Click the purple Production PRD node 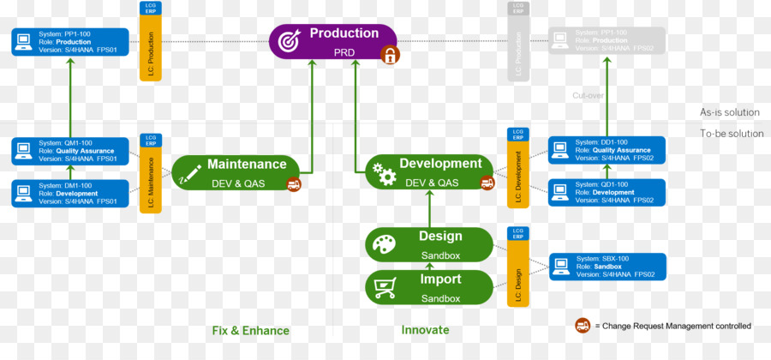click(x=333, y=41)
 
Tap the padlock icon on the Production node click(x=390, y=56)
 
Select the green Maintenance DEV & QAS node click(x=236, y=171)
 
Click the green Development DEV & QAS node click(x=429, y=171)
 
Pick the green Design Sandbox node click(x=429, y=244)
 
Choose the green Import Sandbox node click(x=429, y=287)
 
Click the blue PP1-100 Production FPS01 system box click(x=70, y=42)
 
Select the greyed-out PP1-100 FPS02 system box click(x=607, y=41)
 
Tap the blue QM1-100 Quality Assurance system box click(x=70, y=151)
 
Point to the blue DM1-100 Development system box click(x=70, y=193)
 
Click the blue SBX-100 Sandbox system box click(x=607, y=266)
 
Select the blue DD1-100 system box click(x=607, y=151)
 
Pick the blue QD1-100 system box click(x=607, y=193)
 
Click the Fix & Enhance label click(x=251, y=331)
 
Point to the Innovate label click(x=425, y=330)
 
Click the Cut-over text click(x=589, y=96)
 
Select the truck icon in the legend click(x=583, y=326)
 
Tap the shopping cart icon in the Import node click(x=384, y=288)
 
